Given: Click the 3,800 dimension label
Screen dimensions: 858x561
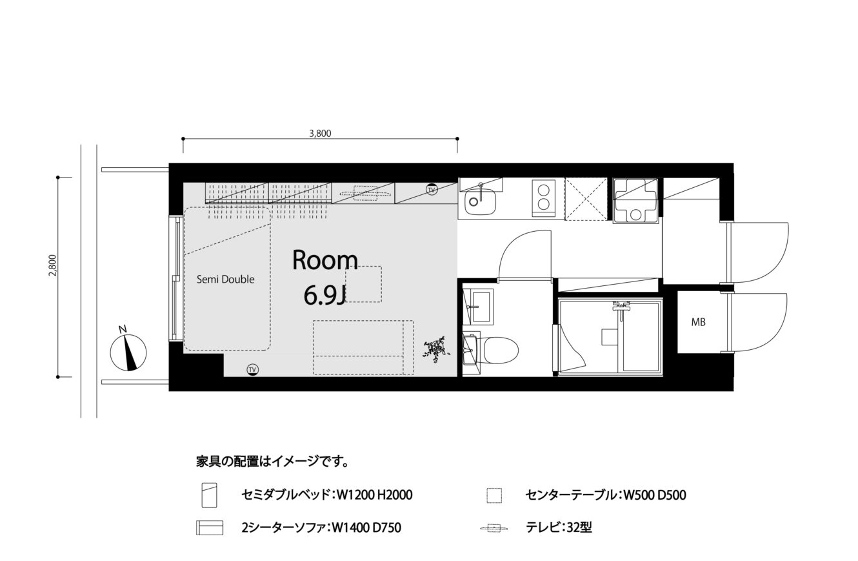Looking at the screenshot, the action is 320,134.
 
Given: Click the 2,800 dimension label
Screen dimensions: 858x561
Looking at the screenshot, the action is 53,265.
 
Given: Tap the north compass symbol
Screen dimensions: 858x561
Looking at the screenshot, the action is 128,351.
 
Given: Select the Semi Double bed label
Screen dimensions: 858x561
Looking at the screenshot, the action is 225,280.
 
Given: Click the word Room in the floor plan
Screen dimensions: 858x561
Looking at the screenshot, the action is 325,260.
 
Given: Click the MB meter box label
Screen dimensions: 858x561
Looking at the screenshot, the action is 698,322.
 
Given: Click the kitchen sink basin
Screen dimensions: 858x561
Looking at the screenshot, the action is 480,201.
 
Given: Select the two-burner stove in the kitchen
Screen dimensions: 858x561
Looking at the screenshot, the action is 544,199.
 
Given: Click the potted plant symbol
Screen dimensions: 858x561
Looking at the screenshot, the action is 435,349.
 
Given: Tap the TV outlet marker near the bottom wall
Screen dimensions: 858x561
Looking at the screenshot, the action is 252,370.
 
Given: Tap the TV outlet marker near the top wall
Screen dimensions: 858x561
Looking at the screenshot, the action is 432,189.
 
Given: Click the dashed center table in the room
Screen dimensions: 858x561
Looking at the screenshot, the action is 363,284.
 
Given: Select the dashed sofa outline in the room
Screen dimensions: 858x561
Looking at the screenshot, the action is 363,347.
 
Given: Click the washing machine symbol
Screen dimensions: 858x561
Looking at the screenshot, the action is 635,200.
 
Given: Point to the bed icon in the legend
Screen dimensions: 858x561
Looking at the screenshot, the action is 210,495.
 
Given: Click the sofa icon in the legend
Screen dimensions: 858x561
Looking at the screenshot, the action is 210,527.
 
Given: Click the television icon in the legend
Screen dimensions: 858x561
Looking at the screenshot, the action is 494,529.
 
